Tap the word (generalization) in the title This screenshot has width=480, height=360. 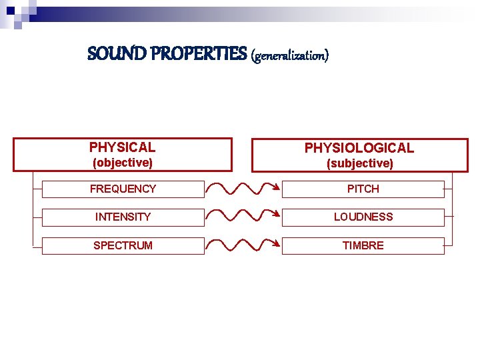(290, 55)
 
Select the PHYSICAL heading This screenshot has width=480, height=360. (122, 147)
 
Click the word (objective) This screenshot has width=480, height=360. (122, 163)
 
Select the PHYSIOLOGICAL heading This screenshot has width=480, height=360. (359, 148)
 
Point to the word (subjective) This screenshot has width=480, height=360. (359, 163)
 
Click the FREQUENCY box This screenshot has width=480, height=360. (123, 189)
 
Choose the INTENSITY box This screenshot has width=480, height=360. (123, 217)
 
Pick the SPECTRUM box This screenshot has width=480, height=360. (123, 245)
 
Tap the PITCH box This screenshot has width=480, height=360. (363, 189)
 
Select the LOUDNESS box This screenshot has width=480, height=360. (363, 217)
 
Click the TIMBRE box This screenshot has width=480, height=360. (363, 245)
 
